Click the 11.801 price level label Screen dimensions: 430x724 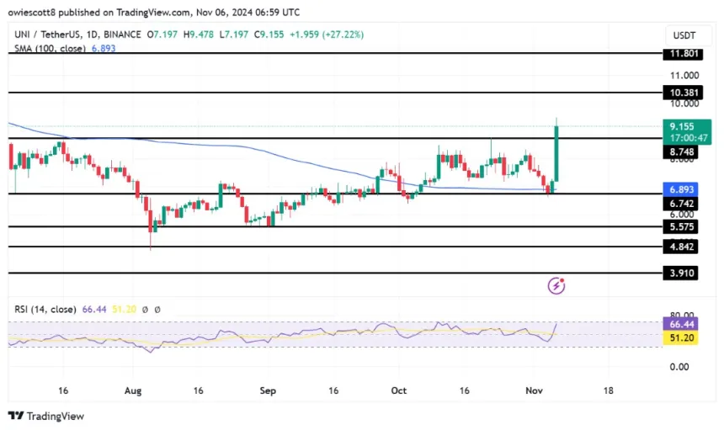point(682,54)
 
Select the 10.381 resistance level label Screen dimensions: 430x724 point(682,93)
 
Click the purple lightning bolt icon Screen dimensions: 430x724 point(556,286)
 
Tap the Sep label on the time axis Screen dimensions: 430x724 point(268,390)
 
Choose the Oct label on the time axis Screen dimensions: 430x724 point(399,390)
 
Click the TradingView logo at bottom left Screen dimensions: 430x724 point(46,416)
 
